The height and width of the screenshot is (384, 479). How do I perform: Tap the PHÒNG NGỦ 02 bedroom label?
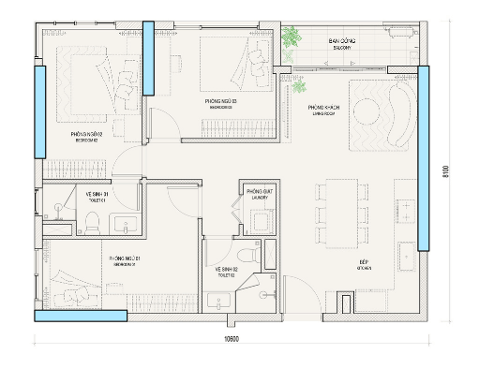tap(86, 137)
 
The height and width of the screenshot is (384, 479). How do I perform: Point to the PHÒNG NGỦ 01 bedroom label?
tap(125, 259)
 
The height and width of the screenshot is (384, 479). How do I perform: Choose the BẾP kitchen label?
tap(365, 263)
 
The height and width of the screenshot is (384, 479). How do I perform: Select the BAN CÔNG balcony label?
tap(339, 43)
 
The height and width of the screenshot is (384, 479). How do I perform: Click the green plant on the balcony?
tap(295, 38)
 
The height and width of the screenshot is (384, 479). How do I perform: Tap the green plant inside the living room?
tap(299, 86)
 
